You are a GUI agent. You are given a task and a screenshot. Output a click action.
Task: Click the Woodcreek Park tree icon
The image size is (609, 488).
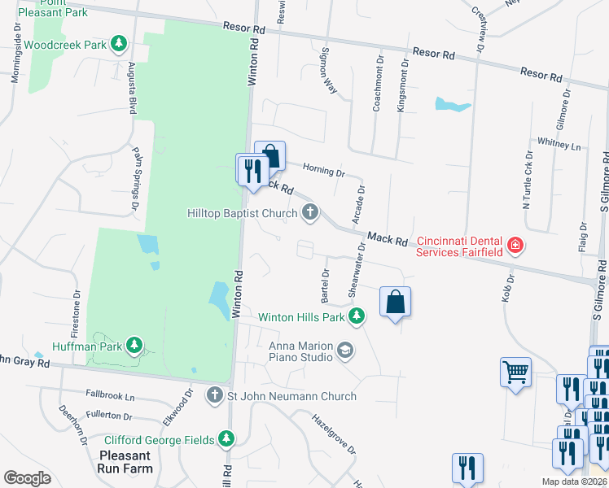point(120,44)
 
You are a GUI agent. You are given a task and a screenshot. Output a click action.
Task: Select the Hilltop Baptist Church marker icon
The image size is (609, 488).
point(309,213)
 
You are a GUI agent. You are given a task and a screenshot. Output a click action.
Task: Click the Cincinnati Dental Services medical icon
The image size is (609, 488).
point(515,245)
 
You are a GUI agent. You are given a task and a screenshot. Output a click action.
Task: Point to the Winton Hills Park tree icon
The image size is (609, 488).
point(356,316)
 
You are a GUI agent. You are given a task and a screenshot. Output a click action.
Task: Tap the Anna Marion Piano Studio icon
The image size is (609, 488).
point(345,351)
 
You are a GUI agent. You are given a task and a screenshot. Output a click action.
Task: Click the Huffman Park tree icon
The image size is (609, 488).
point(134,346)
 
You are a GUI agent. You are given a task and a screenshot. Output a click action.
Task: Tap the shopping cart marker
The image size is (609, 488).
point(515,373)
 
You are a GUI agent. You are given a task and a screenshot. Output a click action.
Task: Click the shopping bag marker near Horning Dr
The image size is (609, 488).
point(270,155)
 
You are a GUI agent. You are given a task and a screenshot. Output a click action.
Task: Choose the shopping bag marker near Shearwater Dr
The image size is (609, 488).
point(395,302)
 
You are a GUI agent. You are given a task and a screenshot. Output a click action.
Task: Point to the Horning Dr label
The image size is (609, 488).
point(324,172)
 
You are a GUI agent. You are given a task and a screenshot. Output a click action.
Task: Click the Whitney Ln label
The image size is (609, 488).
point(559,146)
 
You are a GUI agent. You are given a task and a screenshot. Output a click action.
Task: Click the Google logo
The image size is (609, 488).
point(27,478)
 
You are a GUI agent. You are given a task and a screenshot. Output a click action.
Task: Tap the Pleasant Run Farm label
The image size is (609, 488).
point(126,462)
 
